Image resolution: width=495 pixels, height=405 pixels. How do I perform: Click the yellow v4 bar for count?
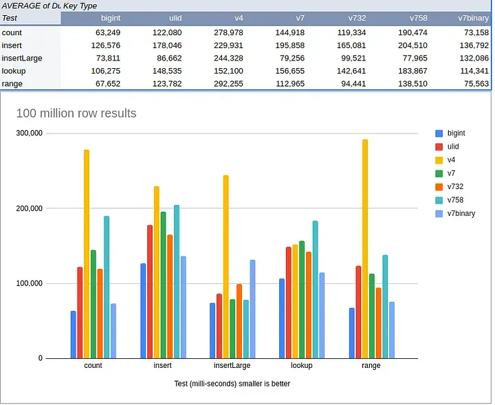tap(87, 254)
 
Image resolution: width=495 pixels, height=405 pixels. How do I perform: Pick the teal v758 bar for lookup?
tap(316, 289)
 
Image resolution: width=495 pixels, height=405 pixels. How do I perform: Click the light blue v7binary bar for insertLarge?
tap(252, 309)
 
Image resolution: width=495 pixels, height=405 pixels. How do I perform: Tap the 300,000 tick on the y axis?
tap(29, 133)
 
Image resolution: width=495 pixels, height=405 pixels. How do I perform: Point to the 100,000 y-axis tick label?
tap(29, 283)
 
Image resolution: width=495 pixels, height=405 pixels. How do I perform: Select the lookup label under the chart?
tap(301, 366)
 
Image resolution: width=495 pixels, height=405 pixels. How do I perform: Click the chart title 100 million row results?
tap(76, 113)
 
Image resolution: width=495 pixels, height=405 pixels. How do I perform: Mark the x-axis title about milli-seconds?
tap(232, 384)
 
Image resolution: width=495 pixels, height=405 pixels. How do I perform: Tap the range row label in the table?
tap(12, 84)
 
